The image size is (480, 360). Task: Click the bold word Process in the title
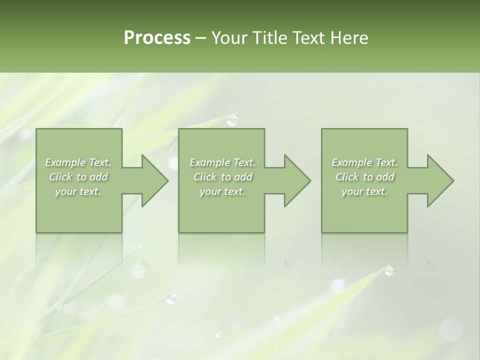point(157,38)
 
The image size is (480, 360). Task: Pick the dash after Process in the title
point(201,38)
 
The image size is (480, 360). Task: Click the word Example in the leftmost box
point(65,162)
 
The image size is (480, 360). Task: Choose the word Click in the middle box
point(205,177)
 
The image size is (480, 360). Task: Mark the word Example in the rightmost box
point(352,162)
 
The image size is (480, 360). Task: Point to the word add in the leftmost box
point(99,177)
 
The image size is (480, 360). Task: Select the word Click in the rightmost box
point(347,177)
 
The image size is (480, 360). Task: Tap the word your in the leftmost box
point(64,191)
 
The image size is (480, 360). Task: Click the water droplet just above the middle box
point(232,120)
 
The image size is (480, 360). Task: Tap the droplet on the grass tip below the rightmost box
point(388,271)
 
